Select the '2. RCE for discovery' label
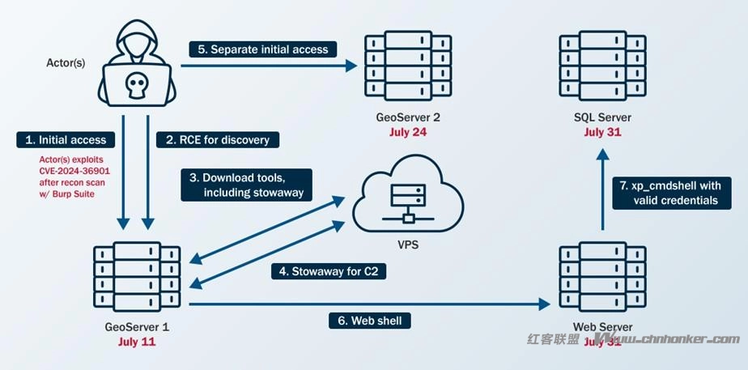(x=218, y=139)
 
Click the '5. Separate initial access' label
(x=264, y=49)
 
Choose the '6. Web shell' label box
(x=369, y=320)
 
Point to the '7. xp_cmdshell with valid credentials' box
(x=664, y=193)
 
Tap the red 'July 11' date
(x=136, y=342)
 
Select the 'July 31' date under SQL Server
(x=602, y=132)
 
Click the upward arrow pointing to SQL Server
(x=602, y=190)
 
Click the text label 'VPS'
(x=408, y=245)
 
